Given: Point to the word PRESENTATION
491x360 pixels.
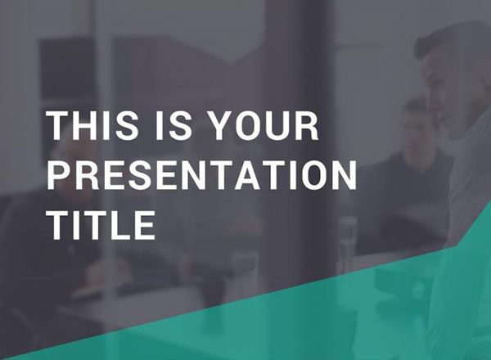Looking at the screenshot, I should tap(201, 177).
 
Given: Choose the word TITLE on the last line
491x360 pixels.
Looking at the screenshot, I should tap(100, 225).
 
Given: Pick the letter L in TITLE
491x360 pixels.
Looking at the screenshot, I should tap(120, 225).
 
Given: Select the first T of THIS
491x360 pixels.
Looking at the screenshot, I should tap(57, 128).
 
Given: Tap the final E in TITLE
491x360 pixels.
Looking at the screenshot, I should tap(145, 225).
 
